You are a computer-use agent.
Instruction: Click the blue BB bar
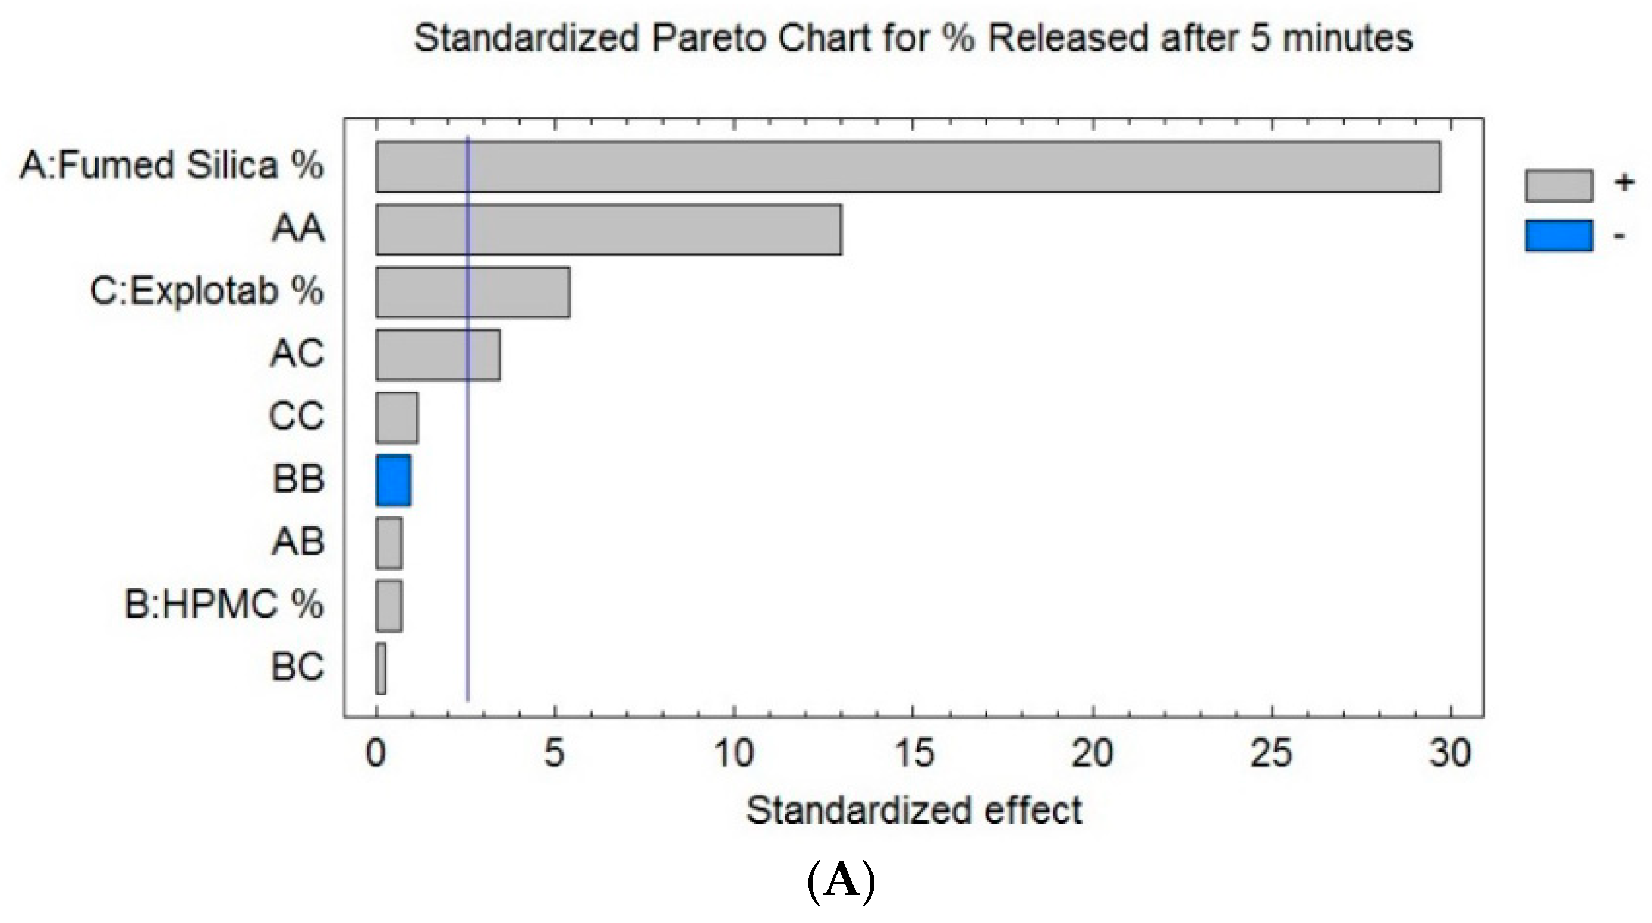[393, 481]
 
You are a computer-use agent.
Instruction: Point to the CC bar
[397, 418]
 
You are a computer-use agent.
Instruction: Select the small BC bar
[381, 669]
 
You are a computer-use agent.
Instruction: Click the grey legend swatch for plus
[1558, 186]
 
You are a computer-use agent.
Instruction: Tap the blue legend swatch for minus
[1558, 236]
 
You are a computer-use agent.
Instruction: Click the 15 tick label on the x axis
[913, 754]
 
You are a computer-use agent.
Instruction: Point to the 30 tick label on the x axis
[1449, 754]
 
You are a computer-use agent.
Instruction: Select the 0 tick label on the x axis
[376, 754]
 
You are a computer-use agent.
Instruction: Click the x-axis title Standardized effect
[914, 810]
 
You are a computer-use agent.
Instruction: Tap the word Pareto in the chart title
[709, 39]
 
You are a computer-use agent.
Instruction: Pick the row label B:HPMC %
[224, 604]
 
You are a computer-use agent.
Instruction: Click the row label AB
[298, 542]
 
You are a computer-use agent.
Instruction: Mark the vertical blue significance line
[468, 577]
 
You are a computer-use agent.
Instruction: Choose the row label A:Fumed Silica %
[172, 165]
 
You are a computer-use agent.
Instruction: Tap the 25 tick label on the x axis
[1271, 754]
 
